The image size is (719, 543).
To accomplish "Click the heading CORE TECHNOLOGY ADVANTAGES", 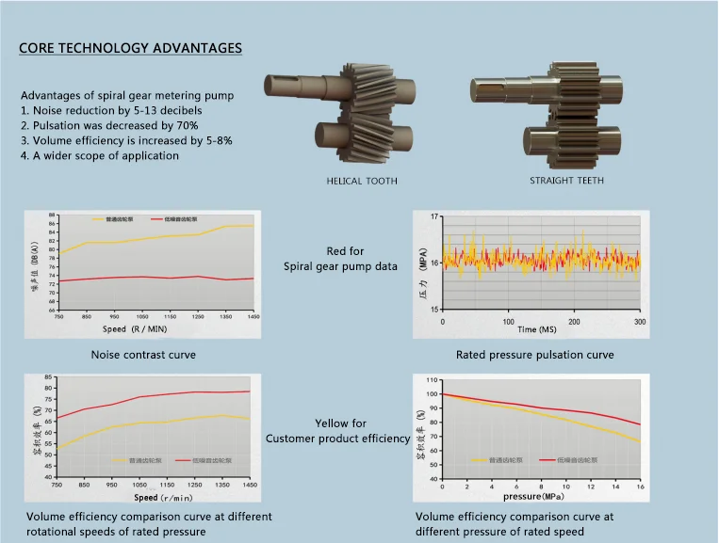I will pyautogui.click(x=130, y=48).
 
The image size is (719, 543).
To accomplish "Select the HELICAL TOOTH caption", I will pyautogui.click(x=362, y=180).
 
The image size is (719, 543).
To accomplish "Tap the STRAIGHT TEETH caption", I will pyautogui.click(x=567, y=180).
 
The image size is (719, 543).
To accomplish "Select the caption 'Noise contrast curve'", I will pyautogui.click(x=143, y=355).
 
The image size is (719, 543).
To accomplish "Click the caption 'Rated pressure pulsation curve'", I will pyautogui.click(x=535, y=355).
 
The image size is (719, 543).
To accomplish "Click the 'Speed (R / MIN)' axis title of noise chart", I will pyautogui.click(x=142, y=329).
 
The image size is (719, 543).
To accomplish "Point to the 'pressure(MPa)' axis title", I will pyautogui.click(x=534, y=496).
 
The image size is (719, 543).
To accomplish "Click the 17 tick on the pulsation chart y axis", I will pyautogui.click(x=434, y=217).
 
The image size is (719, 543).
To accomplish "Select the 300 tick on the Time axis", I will pyautogui.click(x=639, y=320).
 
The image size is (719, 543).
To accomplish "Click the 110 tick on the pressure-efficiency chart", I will pyautogui.click(x=433, y=380).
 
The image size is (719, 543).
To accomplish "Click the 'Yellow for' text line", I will pyautogui.click(x=341, y=423).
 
